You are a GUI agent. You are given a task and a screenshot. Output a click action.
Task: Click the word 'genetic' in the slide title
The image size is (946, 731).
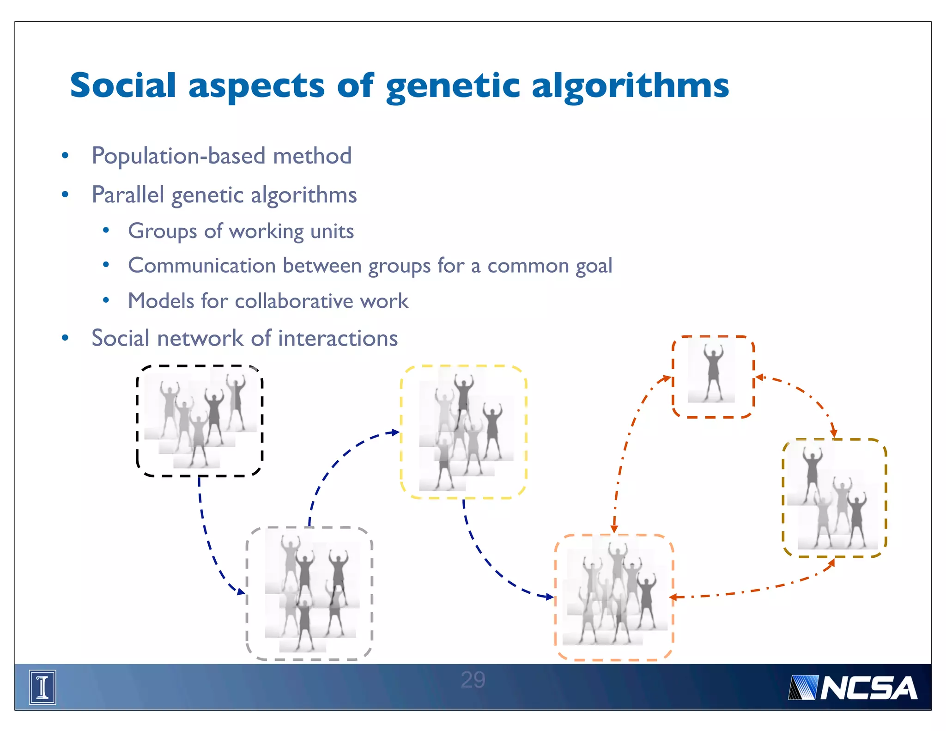[452, 87]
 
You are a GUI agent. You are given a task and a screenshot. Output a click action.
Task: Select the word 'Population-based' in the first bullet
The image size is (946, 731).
[178, 156]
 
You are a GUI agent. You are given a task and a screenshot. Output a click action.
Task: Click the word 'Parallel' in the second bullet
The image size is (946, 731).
[128, 195]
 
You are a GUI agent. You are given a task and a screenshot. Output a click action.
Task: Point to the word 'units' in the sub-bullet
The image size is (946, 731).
[332, 231]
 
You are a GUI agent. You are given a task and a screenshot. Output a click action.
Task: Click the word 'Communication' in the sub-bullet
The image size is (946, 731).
[202, 266]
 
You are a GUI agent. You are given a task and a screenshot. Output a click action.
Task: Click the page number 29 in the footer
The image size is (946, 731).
[473, 680]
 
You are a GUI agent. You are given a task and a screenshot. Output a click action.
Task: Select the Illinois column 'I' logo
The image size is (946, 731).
[42, 687]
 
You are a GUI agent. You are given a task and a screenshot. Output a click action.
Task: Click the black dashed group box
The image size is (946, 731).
[200, 420]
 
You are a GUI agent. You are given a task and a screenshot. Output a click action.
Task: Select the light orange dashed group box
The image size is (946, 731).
[614, 597]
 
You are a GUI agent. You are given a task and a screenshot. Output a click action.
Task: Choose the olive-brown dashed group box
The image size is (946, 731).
[834, 498]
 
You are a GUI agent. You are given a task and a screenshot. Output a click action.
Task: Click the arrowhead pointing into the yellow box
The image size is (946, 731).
[395, 433]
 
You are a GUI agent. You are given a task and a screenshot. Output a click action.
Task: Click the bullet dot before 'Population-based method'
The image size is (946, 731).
[65, 156]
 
